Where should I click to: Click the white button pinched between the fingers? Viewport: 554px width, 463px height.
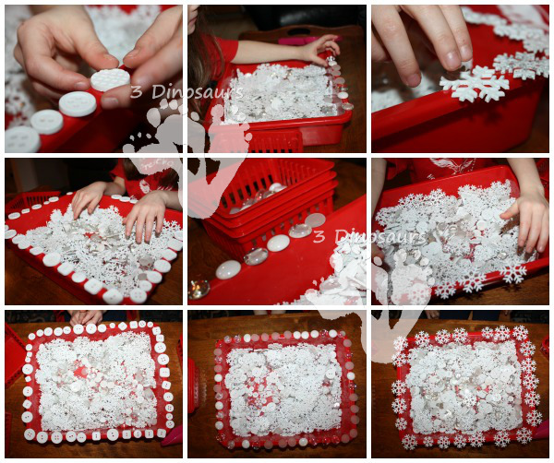click(x=110, y=80)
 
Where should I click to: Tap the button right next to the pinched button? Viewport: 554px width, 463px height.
click(x=78, y=103)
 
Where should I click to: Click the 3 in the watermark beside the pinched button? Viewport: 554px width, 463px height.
click(x=137, y=91)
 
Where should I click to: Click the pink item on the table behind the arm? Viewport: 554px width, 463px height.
click(x=296, y=40)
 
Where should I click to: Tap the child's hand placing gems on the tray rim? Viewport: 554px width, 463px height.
click(x=323, y=47)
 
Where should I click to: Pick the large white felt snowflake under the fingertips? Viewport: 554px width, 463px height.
click(x=475, y=84)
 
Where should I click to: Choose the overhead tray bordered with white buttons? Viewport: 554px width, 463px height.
click(x=96, y=380)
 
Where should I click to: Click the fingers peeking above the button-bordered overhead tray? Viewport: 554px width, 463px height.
click(x=87, y=316)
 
